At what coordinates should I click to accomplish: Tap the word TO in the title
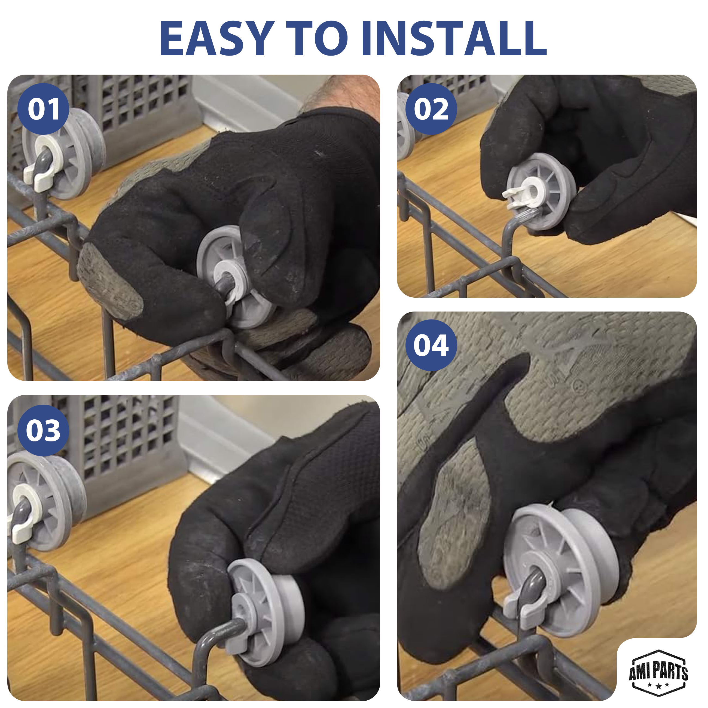pos(317,38)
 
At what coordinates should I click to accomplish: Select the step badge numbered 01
pos(43,109)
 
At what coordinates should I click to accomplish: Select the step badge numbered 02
pos(431,109)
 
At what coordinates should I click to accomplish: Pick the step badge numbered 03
pos(43,430)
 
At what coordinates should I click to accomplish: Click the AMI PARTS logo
pos(658,672)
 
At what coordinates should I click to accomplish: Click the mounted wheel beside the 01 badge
pos(64,153)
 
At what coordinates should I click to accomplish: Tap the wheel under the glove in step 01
pos(234,277)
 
